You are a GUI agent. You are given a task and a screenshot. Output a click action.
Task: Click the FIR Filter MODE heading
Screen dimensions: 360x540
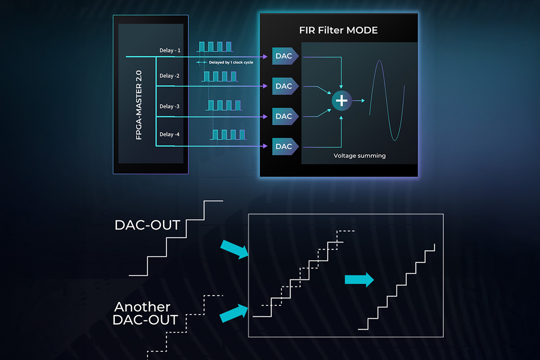(338, 31)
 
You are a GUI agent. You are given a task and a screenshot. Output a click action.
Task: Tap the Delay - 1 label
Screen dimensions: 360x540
(170, 50)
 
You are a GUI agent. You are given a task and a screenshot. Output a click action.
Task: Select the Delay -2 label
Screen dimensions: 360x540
(170, 76)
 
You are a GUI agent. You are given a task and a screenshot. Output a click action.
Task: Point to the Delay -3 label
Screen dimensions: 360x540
(170, 106)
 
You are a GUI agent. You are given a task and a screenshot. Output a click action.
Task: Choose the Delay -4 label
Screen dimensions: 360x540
(170, 134)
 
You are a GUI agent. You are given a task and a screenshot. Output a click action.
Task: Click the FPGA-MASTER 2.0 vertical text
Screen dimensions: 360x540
(139, 104)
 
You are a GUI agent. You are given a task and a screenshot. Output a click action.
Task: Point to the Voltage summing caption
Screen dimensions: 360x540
(360, 156)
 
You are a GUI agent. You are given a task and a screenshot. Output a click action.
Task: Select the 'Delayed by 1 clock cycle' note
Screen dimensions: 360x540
(231, 63)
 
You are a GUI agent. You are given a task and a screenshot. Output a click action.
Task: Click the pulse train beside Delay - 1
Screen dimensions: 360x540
(216, 46)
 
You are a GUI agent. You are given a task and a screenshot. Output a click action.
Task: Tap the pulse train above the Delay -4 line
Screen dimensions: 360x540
(229, 135)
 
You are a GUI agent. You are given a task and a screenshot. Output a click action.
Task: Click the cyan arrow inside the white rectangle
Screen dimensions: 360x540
(359, 279)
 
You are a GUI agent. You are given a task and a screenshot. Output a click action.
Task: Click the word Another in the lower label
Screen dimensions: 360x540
(142, 307)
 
